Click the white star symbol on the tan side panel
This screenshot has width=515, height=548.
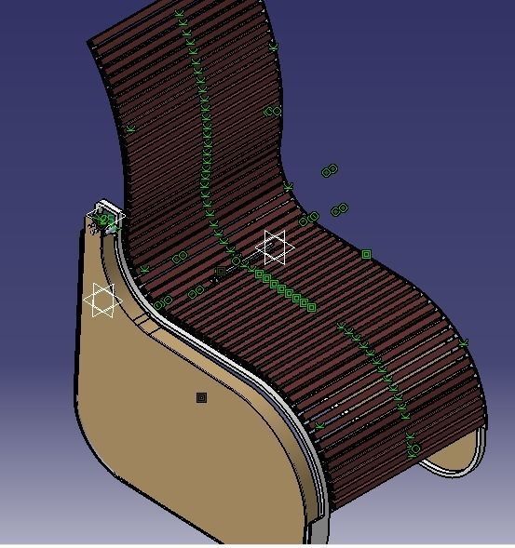102,301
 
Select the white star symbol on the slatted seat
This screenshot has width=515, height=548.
275,247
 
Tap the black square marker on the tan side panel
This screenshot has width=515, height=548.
201,398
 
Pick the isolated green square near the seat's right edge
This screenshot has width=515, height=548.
367,254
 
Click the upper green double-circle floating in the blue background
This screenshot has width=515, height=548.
329,170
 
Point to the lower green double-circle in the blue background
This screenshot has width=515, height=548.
340,209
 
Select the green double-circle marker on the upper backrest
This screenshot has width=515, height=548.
272,112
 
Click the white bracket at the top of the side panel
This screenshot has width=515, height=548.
105,218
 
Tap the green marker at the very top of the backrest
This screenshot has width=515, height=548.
180,14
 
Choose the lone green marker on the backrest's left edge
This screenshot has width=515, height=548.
131,128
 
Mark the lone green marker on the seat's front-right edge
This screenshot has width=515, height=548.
463,343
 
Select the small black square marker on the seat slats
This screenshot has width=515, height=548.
220,272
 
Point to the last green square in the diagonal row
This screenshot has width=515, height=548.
311,307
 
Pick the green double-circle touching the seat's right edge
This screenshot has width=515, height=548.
309,220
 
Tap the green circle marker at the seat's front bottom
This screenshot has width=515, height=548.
413,449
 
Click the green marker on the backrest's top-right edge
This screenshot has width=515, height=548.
274,45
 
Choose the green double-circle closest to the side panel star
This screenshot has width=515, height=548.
164,301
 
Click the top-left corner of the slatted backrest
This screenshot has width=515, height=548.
89,42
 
